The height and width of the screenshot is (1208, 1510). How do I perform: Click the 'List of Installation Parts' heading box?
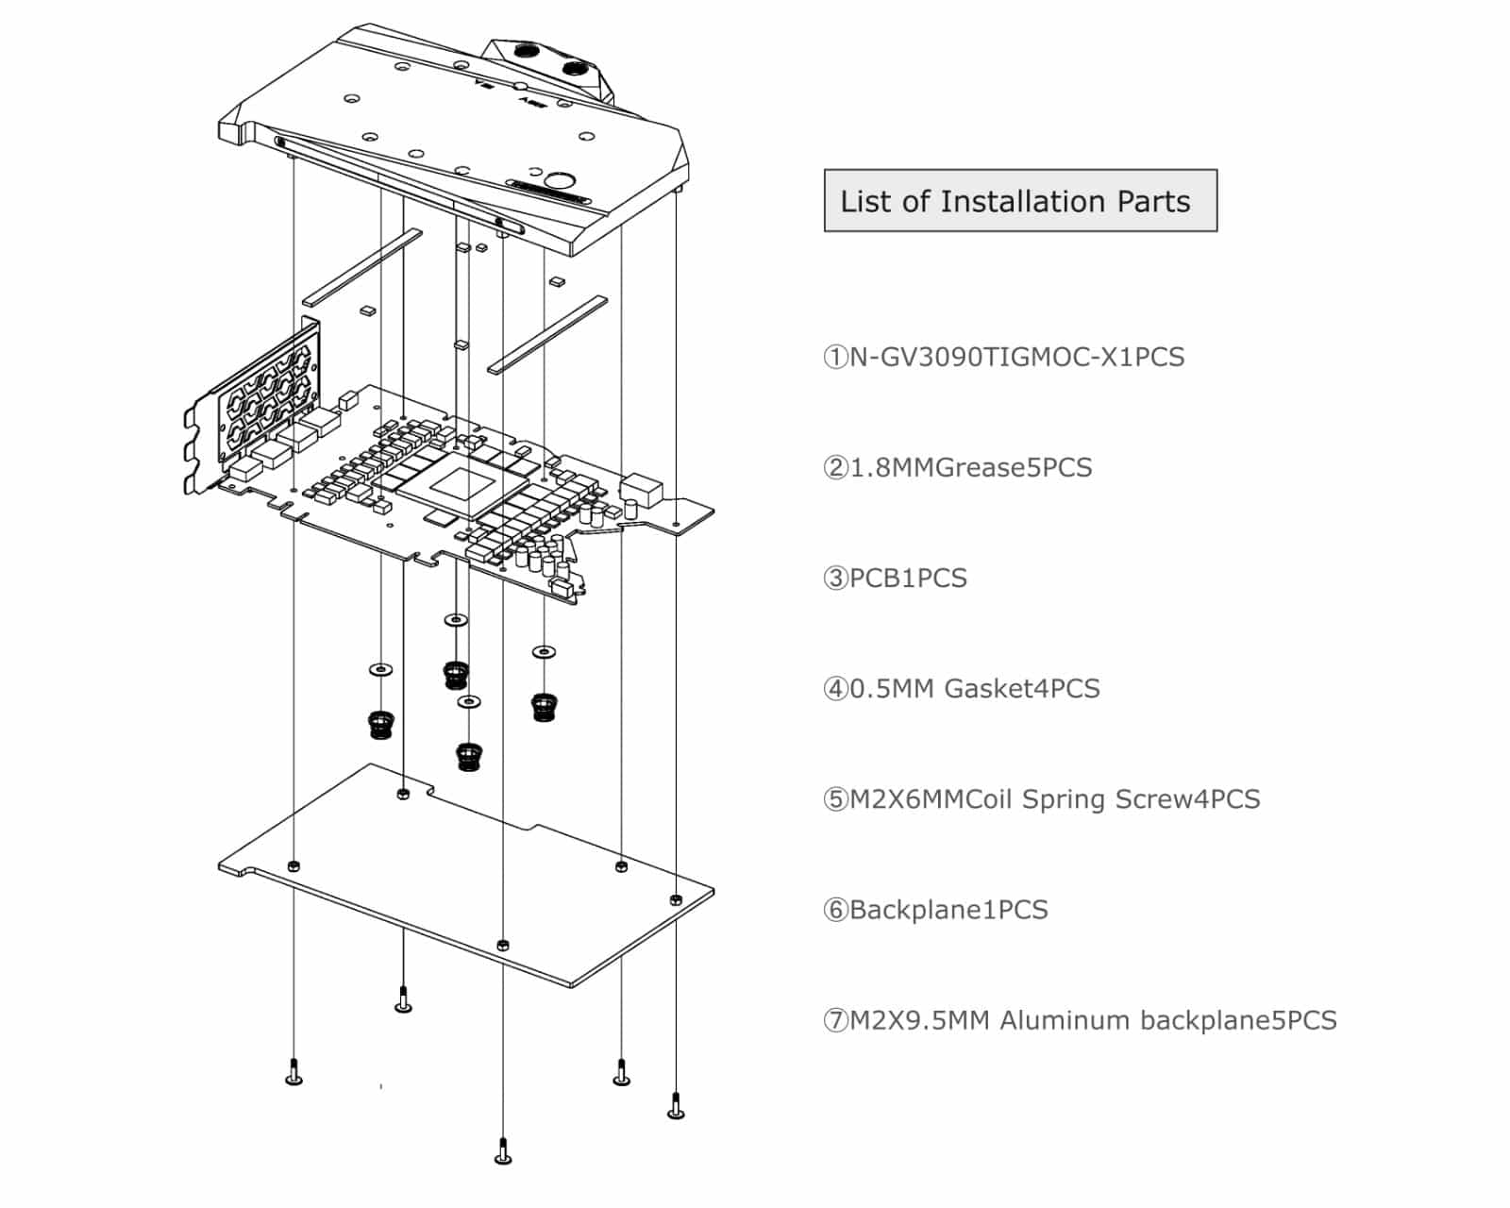[1020, 201]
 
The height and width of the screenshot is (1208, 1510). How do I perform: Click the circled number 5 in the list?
[835, 800]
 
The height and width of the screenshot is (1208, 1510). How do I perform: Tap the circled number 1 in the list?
[835, 358]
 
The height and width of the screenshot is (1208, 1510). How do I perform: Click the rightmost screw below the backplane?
[676, 1105]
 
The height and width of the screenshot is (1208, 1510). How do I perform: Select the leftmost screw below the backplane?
[294, 1073]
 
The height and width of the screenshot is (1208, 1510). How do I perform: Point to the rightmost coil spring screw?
[543, 706]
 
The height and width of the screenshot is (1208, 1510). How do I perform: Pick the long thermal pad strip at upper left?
[363, 266]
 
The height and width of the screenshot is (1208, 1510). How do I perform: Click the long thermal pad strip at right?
[547, 334]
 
